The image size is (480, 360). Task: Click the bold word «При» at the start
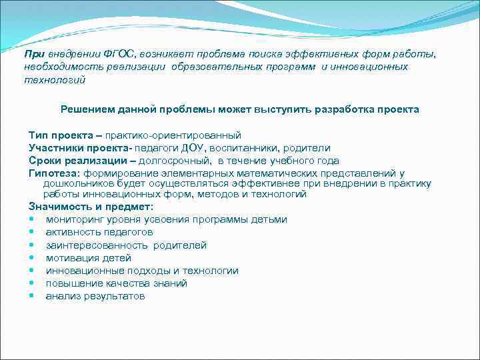click(x=33, y=55)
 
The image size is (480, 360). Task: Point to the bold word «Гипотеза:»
click(x=55, y=173)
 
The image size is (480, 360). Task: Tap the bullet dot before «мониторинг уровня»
click(x=32, y=220)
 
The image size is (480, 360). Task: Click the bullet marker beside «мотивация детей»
click(x=32, y=258)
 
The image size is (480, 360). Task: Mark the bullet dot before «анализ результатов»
click(x=32, y=296)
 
